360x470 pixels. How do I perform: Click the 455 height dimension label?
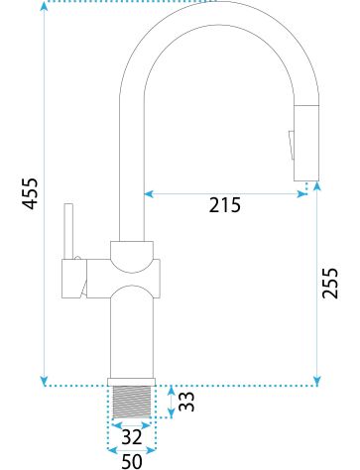pos(31,193)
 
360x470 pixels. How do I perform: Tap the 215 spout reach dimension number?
pos(225,205)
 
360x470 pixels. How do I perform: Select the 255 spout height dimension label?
pos(330,283)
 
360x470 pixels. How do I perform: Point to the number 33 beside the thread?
pos(186,402)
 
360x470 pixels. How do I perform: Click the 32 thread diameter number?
pos(132,437)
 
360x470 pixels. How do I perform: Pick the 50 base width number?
pos(132,461)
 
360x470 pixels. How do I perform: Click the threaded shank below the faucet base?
pos(132,402)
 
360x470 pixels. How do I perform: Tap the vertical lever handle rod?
pos(68,231)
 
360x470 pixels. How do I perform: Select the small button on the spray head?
pos(292,146)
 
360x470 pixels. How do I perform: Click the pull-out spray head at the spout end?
pos(306,143)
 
